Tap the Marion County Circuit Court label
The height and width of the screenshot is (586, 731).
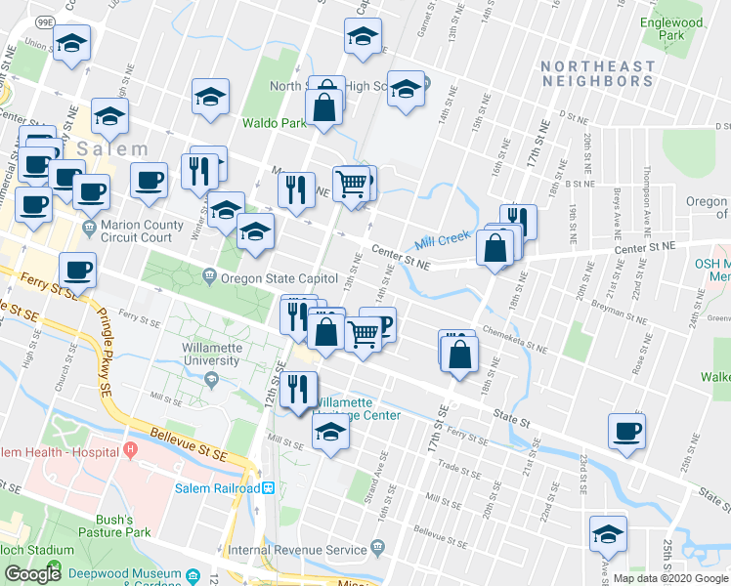(x=143, y=230)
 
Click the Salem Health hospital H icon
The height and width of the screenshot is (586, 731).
(x=129, y=450)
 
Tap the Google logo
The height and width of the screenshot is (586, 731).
(x=32, y=574)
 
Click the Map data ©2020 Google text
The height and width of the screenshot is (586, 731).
(x=670, y=578)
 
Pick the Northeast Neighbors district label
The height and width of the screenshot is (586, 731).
(x=598, y=74)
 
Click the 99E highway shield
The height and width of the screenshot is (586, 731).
(x=45, y=21)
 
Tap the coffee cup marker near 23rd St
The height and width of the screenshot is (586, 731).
(x=626, y=431)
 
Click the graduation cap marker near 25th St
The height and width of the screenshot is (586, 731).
(x=607, y=534)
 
